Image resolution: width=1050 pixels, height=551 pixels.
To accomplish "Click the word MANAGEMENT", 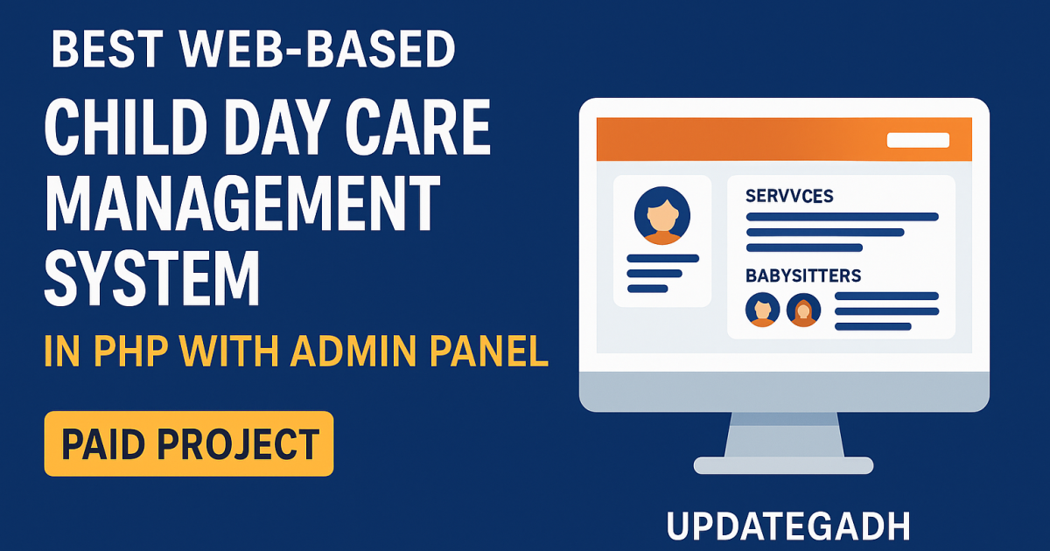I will coord(241,204).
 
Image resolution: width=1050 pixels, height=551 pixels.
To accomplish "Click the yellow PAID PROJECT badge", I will coord(189,443).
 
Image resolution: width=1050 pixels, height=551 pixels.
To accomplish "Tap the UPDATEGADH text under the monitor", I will coord(788,527).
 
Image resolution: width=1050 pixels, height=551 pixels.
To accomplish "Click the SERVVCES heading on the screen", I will coord(789,196).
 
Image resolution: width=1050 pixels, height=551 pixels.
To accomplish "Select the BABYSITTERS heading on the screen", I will coord(803,275).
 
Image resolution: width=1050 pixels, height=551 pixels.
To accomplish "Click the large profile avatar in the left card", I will coord(661,215).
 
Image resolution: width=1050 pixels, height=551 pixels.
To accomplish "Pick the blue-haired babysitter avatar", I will coord(761,309).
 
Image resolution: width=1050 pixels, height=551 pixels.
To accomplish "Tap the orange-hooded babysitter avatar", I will coord(803,309).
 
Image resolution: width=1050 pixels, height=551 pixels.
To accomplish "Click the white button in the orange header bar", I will coord(917,140).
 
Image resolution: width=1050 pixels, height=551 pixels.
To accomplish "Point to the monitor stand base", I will coord(783,464).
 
